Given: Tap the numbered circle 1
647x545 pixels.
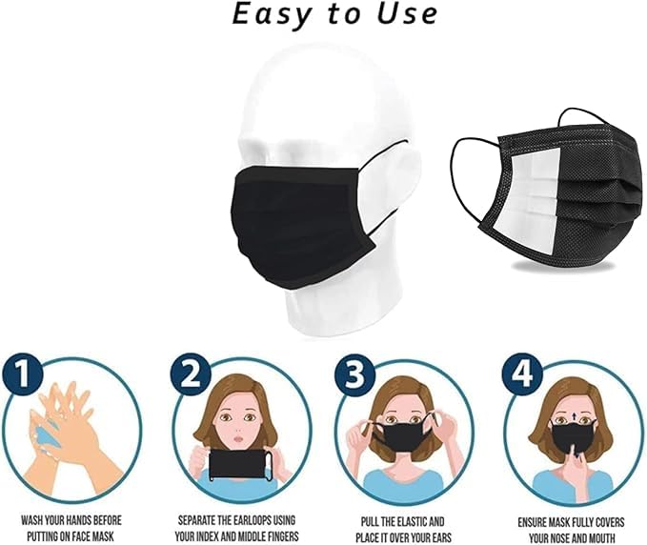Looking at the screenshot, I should (x=22, y=373).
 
